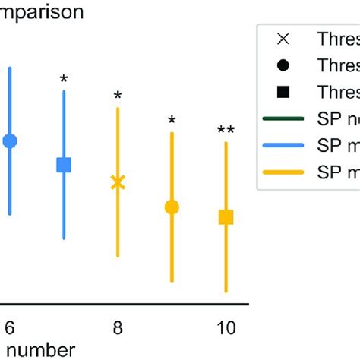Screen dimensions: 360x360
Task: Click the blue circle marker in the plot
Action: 10,141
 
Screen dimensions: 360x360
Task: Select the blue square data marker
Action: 64,165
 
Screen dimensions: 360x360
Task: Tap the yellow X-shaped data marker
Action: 118,182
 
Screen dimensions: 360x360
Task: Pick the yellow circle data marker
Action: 172,207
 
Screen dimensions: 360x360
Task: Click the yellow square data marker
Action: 226,218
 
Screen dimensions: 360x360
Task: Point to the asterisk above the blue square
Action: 64,79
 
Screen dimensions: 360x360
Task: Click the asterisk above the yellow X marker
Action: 118,96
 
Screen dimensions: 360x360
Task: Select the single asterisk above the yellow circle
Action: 172,121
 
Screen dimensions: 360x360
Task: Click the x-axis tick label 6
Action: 10,327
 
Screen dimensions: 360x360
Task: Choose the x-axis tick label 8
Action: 118,327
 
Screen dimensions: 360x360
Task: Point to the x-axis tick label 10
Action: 226,327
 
